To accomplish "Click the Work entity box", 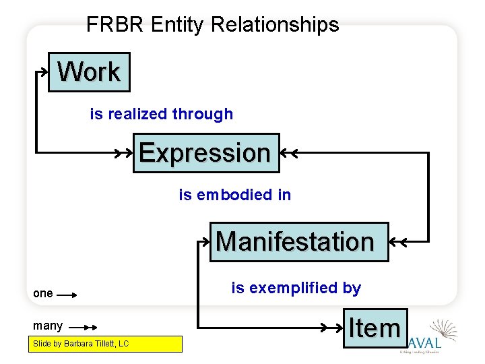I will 89,71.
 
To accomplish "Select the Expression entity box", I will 205,153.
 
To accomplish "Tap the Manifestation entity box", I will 299,241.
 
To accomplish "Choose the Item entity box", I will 375,328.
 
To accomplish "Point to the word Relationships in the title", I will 275,25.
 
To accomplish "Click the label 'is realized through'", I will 162,114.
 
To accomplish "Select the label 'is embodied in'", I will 235,195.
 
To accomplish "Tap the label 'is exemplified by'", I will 296,288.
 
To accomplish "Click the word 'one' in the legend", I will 42,293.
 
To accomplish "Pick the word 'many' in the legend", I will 48,326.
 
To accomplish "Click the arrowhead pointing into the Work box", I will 43,69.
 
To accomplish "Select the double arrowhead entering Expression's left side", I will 125,154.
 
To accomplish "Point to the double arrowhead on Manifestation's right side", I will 397,241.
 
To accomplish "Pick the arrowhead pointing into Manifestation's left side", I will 205,240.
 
